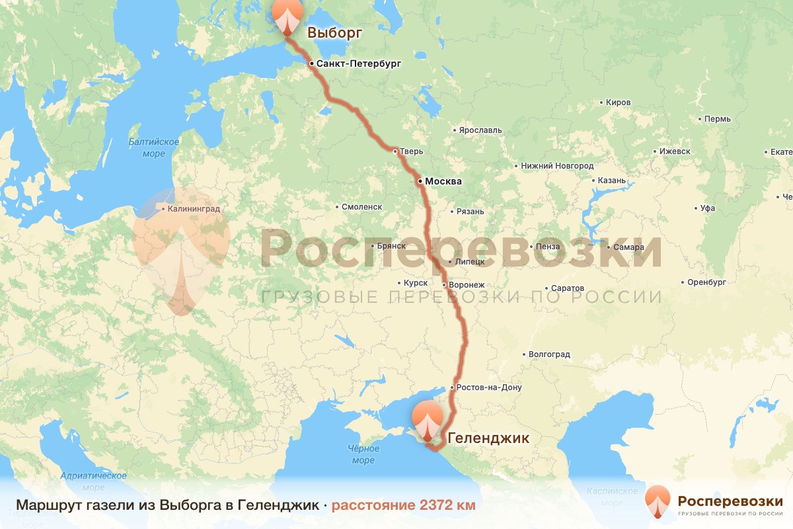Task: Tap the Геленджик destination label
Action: click(488, 438)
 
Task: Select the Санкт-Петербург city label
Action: click(359, 64)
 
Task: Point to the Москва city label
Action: click(443, 181)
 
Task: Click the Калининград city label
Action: click(194, 209)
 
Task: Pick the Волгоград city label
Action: click(549, 354)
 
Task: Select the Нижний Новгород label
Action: click(557, 165)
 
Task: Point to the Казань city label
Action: click(611, 181)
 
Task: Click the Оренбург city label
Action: click(706, 282)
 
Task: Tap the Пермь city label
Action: click(718, 119)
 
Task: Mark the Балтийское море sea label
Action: click(154, 148)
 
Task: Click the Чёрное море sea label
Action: click(363, 454)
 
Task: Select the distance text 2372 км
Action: click(403, 505)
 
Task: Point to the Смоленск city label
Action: click(361, 207)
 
